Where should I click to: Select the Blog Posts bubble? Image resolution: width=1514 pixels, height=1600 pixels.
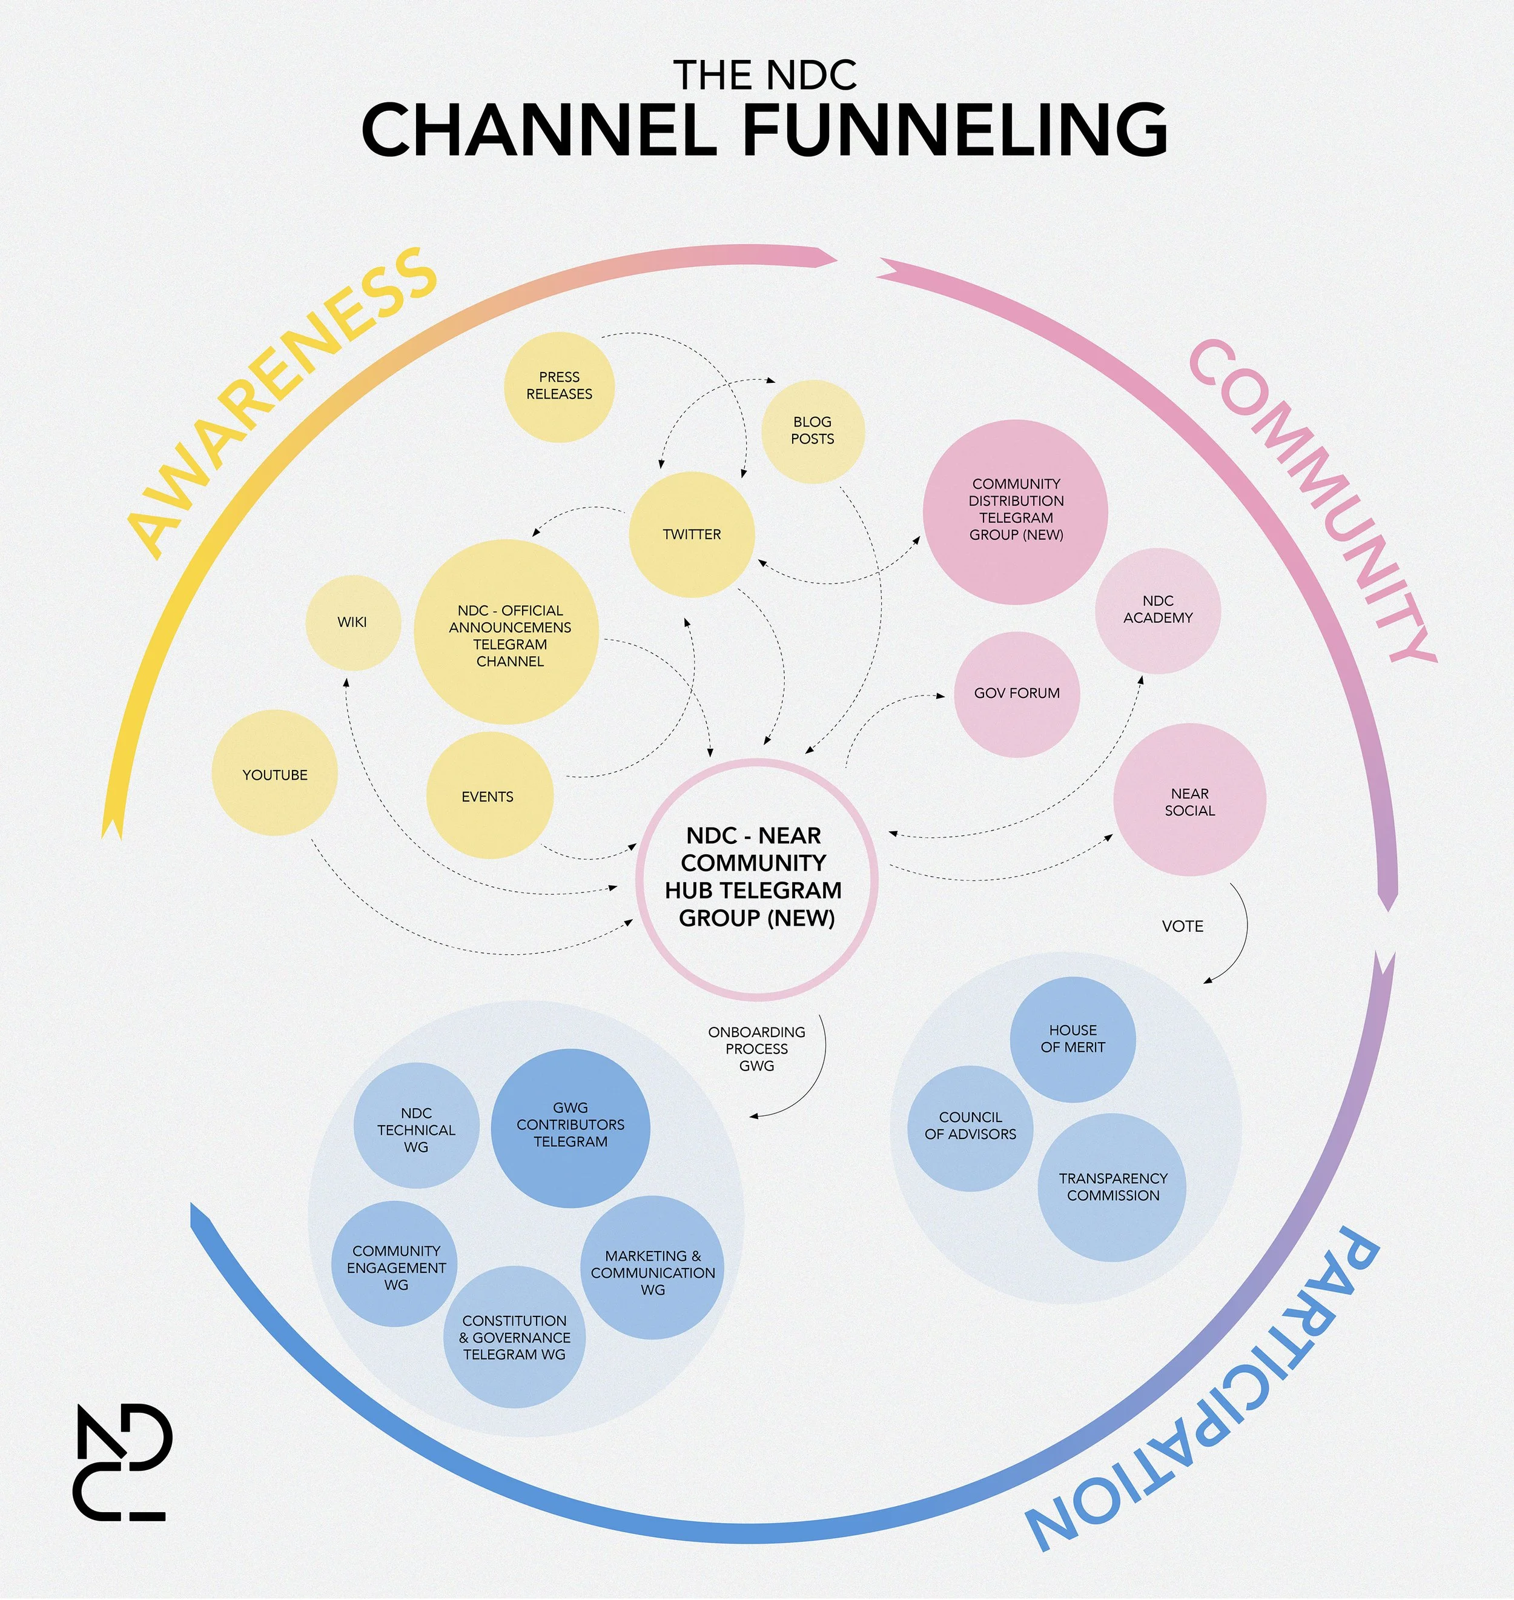click(813, 431)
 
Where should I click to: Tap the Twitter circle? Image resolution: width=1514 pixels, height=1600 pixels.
click(692, 534)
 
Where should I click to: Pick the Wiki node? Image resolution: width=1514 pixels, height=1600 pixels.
click(352, 622)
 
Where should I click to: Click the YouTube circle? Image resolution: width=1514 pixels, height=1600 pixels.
click(274, 774)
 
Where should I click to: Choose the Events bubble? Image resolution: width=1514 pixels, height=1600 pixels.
click(488, 796)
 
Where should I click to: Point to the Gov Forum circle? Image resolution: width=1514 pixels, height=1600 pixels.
click(1017, 694)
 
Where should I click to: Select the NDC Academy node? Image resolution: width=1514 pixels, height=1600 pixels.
click(1157, 610)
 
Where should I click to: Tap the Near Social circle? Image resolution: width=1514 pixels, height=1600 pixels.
click(1189, 801)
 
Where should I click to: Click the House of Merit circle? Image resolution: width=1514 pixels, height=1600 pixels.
click(1073, 1039)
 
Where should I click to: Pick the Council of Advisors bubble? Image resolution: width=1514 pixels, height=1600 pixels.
click(970, 1126)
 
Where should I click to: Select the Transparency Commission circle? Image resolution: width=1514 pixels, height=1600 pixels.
click(1112, 1187)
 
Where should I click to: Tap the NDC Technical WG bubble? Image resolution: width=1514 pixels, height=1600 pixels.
click(417, 1129)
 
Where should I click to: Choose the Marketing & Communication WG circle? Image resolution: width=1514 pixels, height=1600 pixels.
click(652, 1272)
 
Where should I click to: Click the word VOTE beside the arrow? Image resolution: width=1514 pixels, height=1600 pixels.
click(1182, 926)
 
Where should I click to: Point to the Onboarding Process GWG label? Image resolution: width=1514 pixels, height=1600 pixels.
click(756, 1049)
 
